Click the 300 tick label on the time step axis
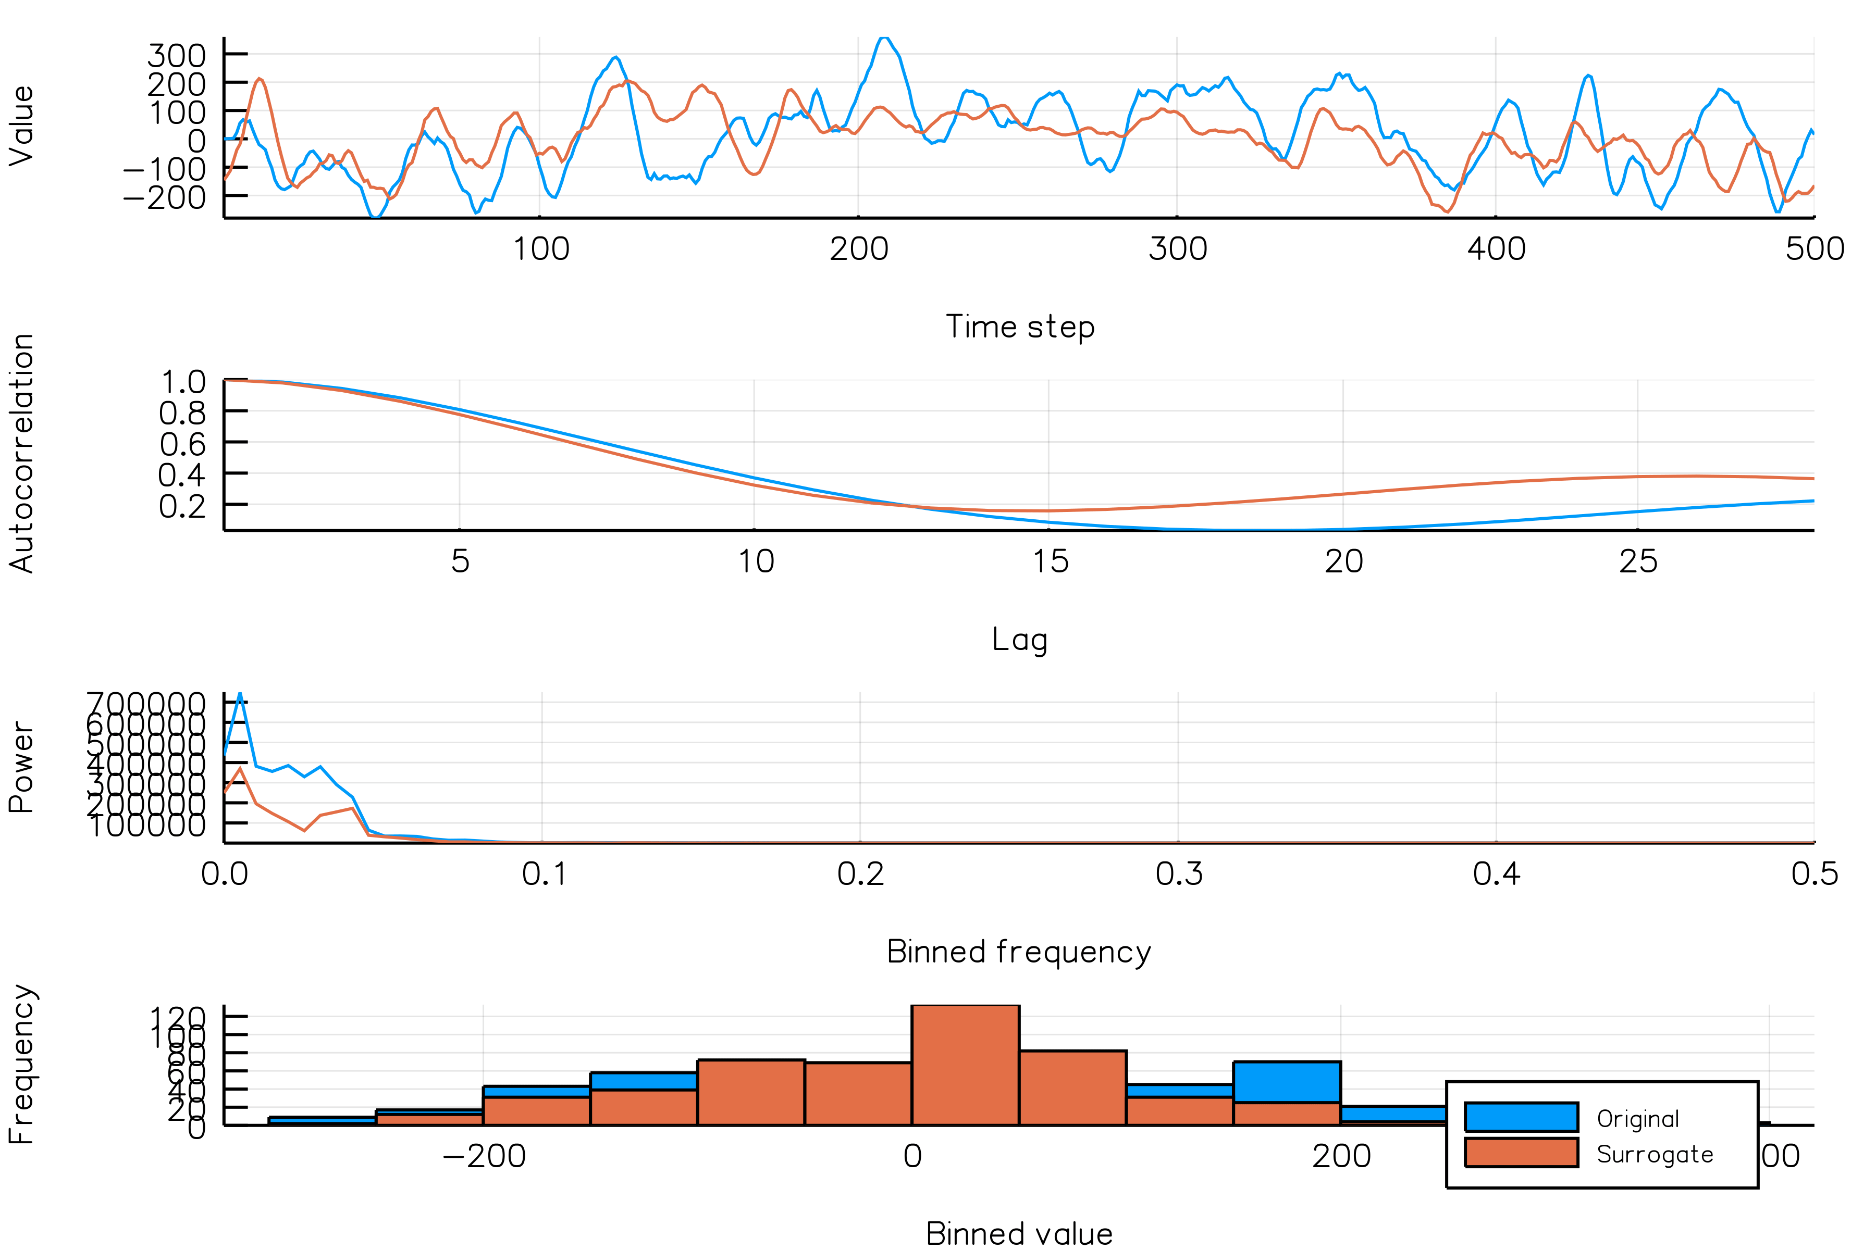[1177, 249]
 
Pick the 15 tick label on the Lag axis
[1050, 562]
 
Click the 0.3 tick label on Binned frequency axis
[1178, 874]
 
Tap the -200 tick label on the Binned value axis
[484, 1156]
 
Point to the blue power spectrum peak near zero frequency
[240, 695]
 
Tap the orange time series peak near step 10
[259, 80]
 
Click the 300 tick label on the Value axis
[176, 56]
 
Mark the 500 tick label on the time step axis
[1814, 249]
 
